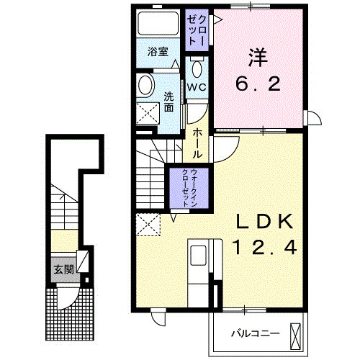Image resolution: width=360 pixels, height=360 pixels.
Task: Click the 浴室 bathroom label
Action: (158, 52)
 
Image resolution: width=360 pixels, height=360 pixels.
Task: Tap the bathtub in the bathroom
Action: (158, 24)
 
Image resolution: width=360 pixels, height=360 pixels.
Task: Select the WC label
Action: (197, 87)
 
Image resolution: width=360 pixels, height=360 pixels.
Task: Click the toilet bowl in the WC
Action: (197, 69)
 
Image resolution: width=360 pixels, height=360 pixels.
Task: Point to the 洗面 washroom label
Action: (168, 102)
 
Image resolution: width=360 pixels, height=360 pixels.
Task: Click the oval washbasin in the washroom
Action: (145, 86)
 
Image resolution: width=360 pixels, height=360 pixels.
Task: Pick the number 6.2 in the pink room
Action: (258, 84)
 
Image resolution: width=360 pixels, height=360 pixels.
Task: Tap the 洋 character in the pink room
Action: (258, 58)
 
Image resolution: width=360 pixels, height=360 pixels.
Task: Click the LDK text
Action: (265, 221)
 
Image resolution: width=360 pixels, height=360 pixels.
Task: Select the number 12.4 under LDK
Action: (265, 248)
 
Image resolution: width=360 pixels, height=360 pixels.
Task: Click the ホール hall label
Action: (197, 143)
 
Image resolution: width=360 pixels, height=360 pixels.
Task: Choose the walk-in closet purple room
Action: (189, 188)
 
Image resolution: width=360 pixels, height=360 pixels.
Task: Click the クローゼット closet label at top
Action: (197, 30)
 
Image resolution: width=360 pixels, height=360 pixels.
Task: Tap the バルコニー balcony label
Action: (255, 333)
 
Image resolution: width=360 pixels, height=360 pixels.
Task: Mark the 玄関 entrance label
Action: (63, 270)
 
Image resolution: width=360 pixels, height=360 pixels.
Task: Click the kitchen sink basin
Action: (198, 256)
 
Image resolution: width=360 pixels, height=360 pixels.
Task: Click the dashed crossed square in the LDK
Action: (148, 225)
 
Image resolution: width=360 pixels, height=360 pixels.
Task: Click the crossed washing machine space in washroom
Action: (148, 114)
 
